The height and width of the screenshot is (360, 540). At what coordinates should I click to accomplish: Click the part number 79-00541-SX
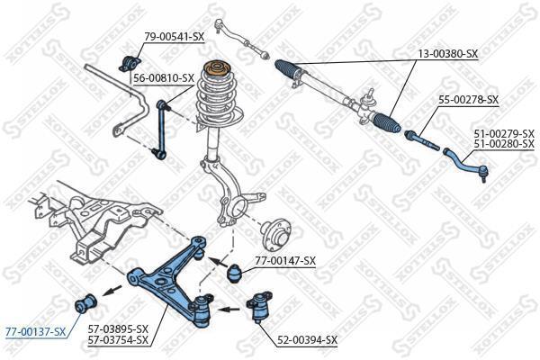pos(175,36)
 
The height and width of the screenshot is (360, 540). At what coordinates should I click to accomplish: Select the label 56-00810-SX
pos(165,78)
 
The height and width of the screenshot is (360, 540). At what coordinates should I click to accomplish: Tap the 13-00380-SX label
pos(448,54)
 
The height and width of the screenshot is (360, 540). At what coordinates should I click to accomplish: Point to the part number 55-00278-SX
pos(468,100)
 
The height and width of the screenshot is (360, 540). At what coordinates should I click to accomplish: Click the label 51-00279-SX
pos(504,133)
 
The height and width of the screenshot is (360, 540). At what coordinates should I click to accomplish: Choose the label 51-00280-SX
pos(504,144)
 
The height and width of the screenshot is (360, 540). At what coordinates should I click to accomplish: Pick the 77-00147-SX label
pos(285,260)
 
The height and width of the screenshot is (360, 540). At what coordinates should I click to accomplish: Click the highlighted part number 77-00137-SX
pos(35,332)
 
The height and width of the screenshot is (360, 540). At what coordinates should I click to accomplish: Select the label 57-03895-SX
pos(118,328)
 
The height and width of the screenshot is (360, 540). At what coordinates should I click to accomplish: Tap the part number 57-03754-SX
pos(118,340)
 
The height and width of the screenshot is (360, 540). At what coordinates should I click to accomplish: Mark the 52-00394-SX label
pos(308,340)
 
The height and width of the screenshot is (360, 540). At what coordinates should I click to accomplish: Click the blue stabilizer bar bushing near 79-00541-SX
pos(130,63)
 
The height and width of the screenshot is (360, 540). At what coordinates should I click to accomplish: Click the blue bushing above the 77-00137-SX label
pos(86,301)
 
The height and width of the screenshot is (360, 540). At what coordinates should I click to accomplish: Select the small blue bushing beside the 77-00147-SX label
pos(235,274)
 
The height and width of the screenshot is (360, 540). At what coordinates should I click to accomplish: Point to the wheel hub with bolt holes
pos(276,236)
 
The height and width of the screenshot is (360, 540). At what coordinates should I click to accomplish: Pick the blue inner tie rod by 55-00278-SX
pos(422,140)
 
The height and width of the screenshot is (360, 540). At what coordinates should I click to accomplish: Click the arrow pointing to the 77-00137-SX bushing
pos(112,291)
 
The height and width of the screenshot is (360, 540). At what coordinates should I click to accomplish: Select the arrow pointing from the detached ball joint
pos(229,310)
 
